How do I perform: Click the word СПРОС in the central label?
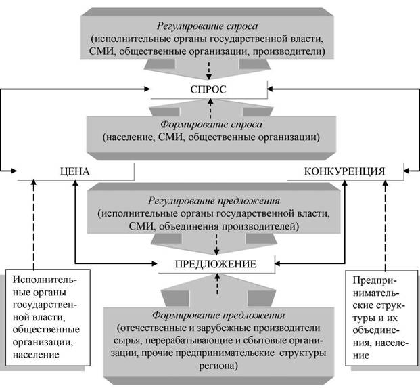pos(208,89)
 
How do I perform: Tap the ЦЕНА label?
pos(74,171)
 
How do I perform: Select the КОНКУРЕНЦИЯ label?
pos(344,171)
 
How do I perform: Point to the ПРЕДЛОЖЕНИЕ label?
pos(216,264)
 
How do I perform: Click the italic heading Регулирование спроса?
pos(208,26)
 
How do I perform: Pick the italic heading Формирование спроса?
pos(211,125)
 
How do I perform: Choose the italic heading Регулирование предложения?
pos(214,201)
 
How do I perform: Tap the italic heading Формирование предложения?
pos(218,315)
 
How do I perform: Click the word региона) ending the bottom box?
pos(218,366)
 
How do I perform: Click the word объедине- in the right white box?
pos(377,330)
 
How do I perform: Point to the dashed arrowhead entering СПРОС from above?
pos(209,77)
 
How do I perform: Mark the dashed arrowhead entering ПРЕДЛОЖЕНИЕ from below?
pos(217,276)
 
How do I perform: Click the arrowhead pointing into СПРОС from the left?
pos(147,89)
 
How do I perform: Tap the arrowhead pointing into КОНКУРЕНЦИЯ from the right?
pos(406,171)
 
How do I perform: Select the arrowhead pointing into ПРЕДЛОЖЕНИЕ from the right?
pos(278,263)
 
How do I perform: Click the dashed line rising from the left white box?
pos(34,225)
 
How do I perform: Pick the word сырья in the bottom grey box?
pos(126,341)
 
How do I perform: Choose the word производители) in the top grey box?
pos(289,51)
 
